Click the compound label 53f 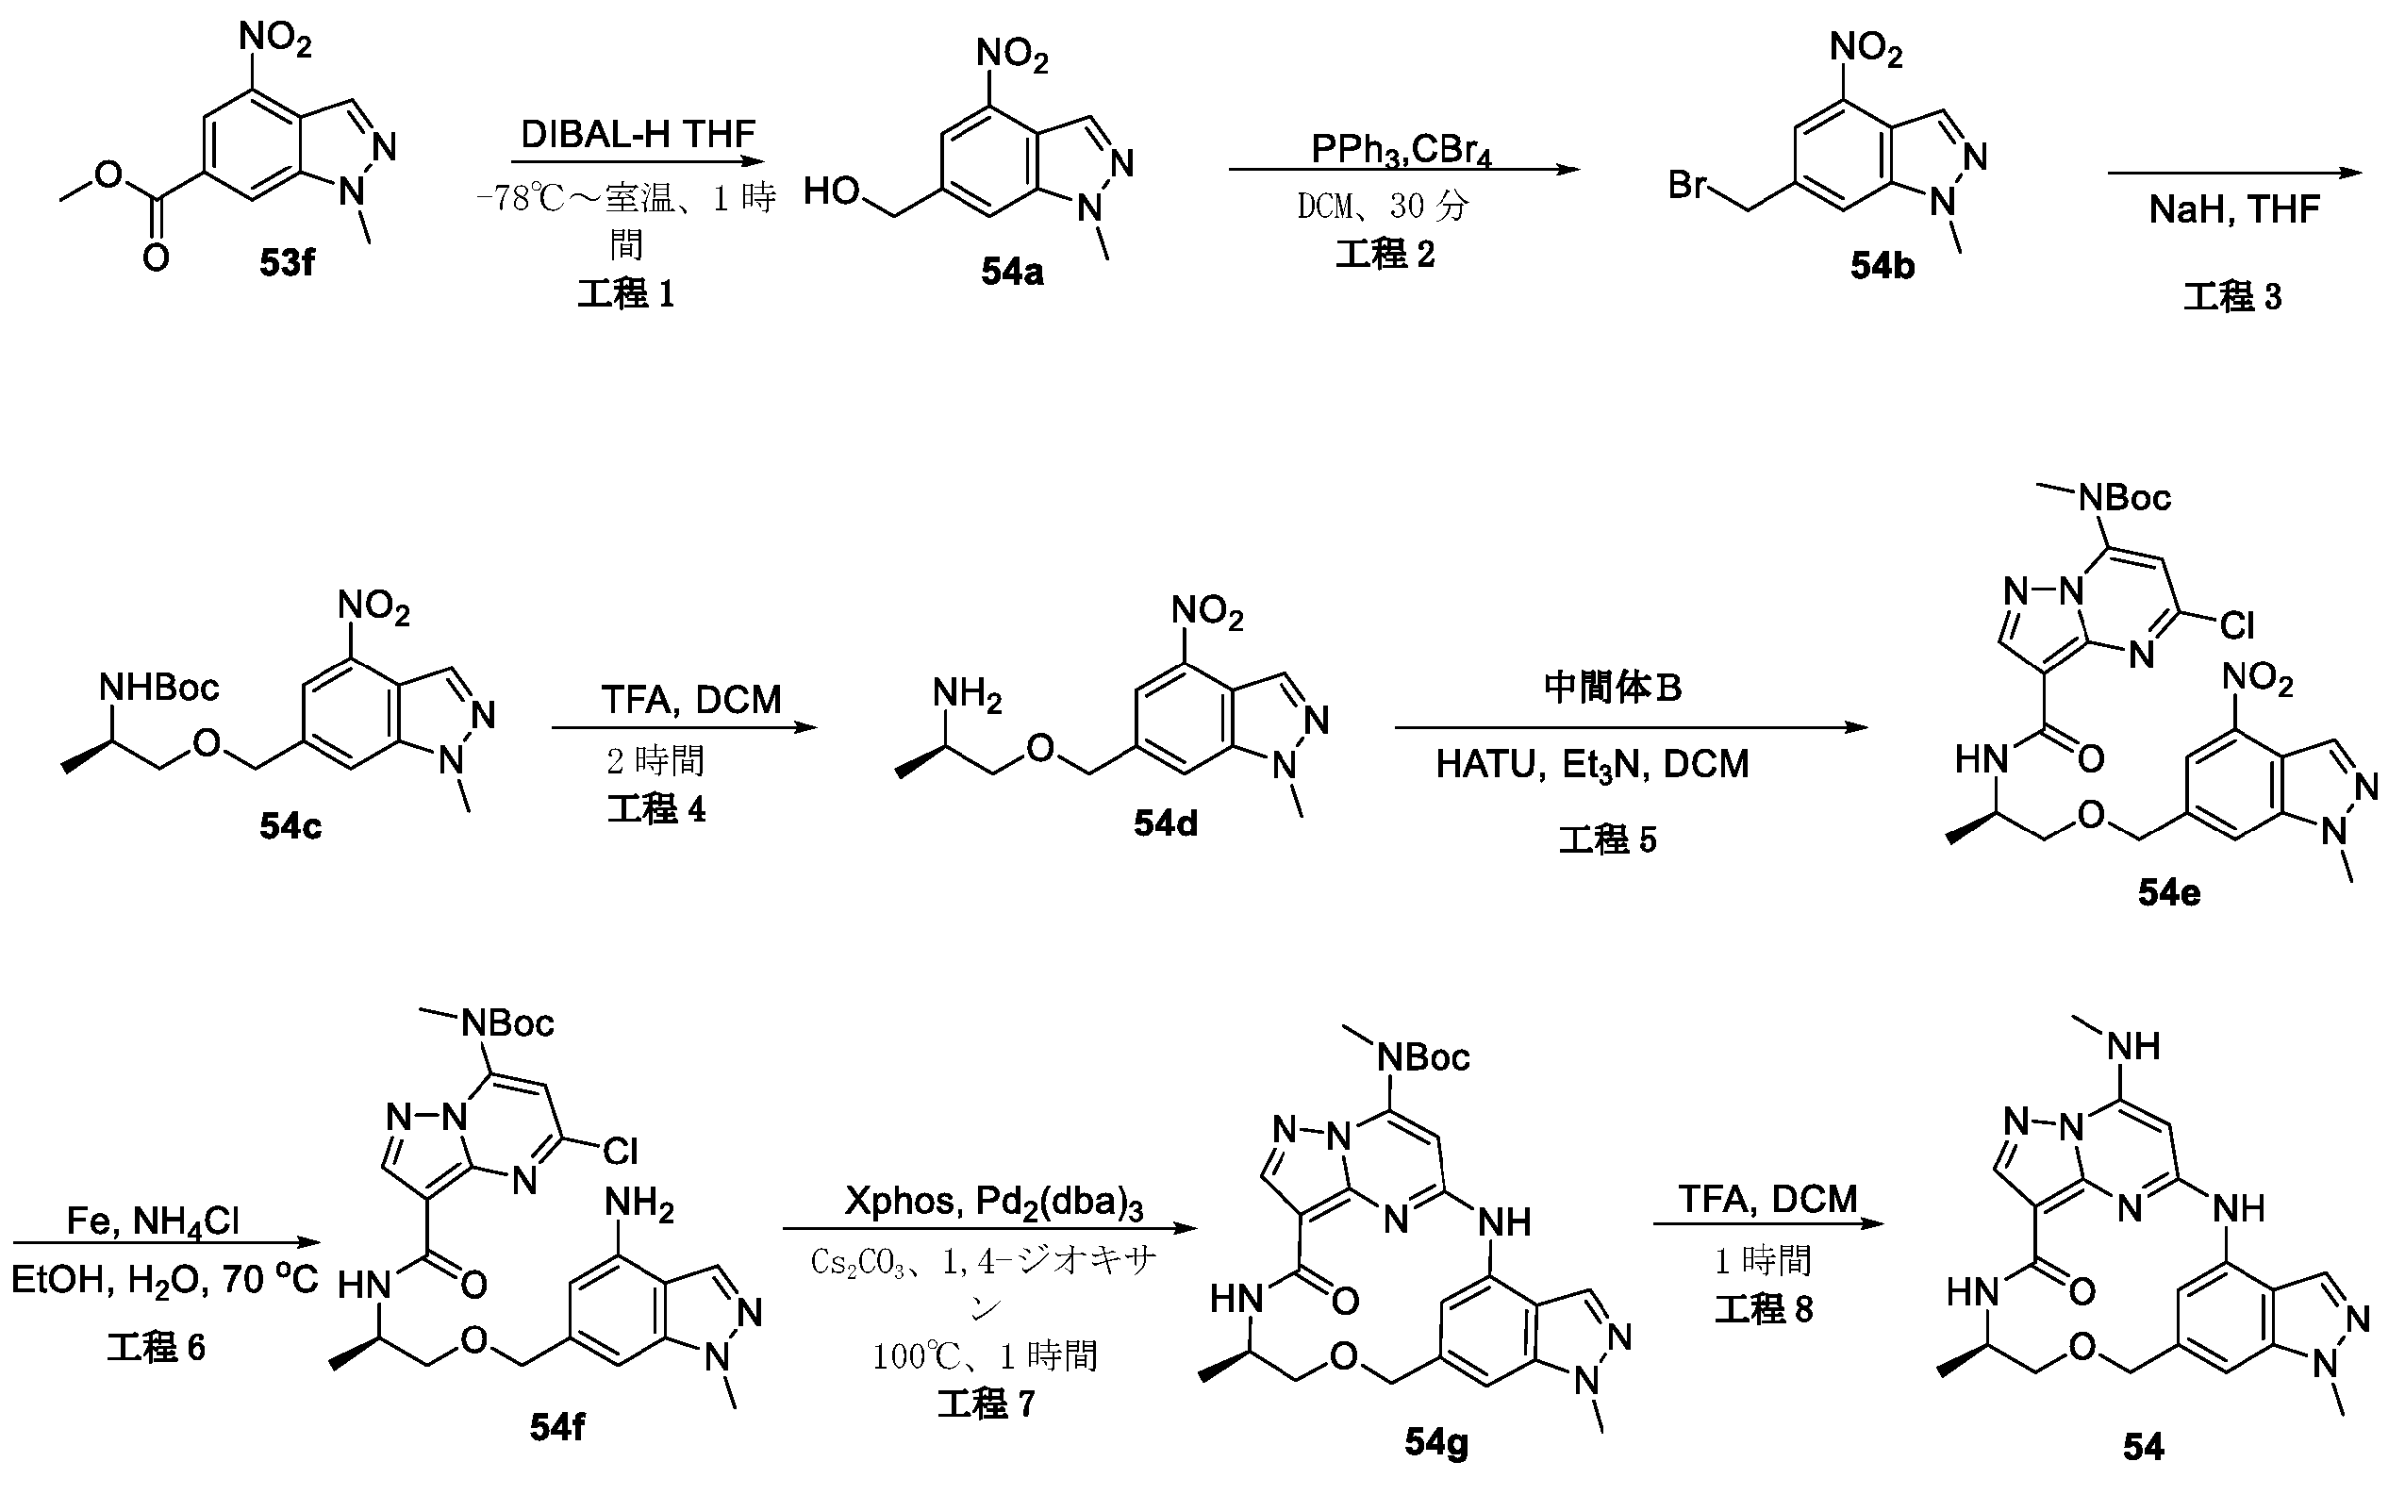pos(287,263)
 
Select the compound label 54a pos(1011,272)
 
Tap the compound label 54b pos(1883,265)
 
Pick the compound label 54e pos(2169,893)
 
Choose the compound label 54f pos(556,1427)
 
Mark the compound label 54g pos(1436,1443)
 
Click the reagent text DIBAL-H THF pos(638,135)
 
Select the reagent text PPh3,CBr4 pos(1401,149)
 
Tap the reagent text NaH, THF pos(2234,209)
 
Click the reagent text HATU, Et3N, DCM pos(1591,764)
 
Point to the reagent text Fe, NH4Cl pos(153,1221)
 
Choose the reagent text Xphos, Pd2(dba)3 pos(993,1202)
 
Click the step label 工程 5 pos(1607,839)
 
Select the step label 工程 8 pos(1764,1309)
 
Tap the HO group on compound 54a pos(831,191)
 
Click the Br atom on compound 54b pos(1688,185)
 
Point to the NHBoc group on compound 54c pos(158,687)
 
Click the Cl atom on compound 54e pos(2236,625)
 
